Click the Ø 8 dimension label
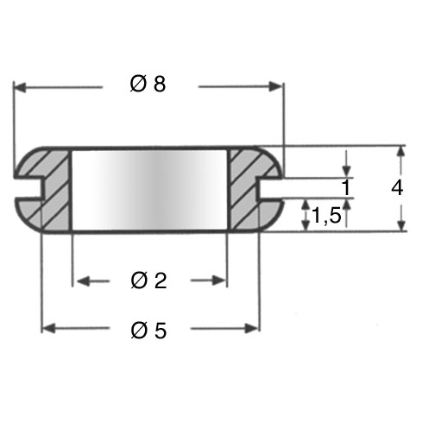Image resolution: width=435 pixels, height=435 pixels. pyautogui.click(x=148, y=84)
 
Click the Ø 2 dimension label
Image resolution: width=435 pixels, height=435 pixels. pyautogui.click(x=148, y=281)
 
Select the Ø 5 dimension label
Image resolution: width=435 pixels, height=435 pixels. pyautogui.click(x=148, y=331)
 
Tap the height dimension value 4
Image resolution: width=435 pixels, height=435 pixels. pyautogui.click(x=397, y=188)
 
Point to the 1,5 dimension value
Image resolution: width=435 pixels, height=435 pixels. pyautogui.click(x=326, y=215)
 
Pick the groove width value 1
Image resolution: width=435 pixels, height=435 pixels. pyautogui.click(x=346, y=187)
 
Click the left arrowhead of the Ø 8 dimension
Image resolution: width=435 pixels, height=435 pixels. pyautogui.click(x=20, y=87)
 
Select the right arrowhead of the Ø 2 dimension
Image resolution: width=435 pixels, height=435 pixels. pyautogui.click(x=219, y=281)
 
